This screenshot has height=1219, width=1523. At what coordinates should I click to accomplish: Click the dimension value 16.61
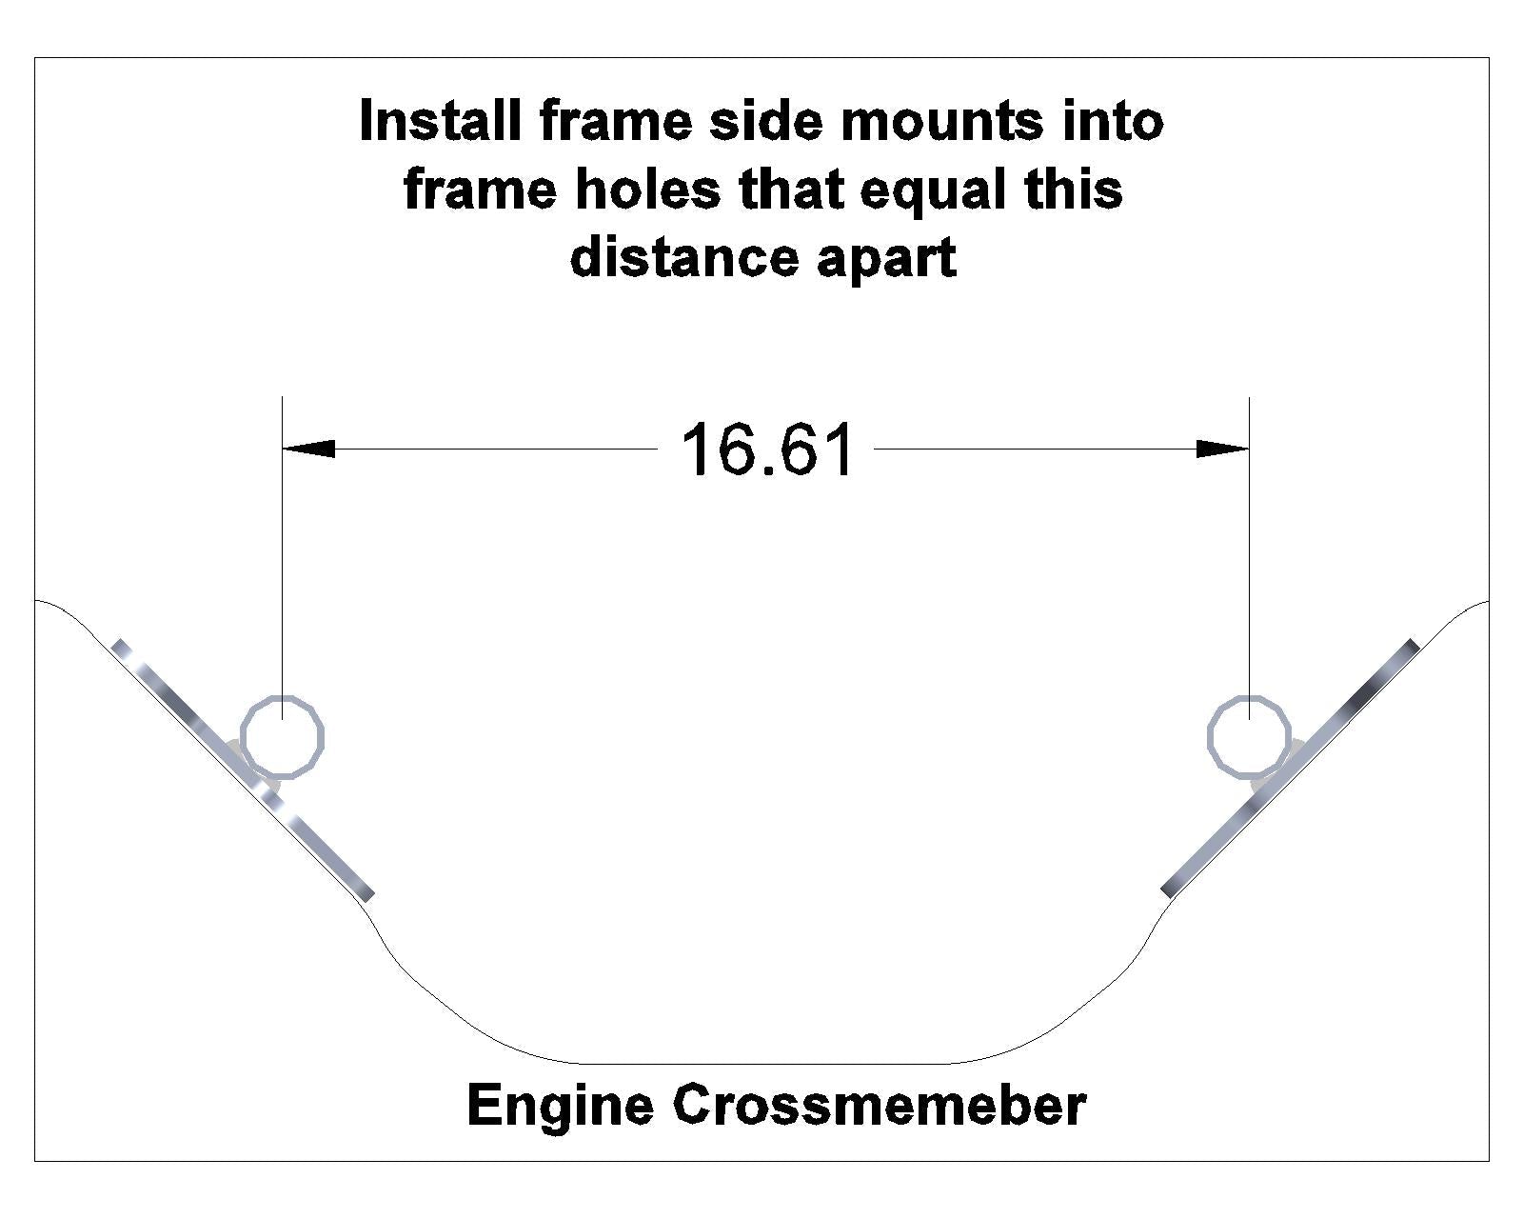point(767,450)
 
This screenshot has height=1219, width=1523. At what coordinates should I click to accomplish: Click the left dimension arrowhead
point(309,448)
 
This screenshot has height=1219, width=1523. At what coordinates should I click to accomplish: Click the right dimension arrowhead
point(1222,448)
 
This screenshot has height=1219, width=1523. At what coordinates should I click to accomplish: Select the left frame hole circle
point(283,737)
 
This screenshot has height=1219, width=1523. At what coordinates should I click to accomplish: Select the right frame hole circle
point(1249,737)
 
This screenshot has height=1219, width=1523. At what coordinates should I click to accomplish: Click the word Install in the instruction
point(440,122)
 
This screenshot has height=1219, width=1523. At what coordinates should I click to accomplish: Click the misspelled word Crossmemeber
point(880,1106)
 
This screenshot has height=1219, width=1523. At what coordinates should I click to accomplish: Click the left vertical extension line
point(282,571)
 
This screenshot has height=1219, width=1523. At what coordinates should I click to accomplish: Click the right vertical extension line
point(1249,571)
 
